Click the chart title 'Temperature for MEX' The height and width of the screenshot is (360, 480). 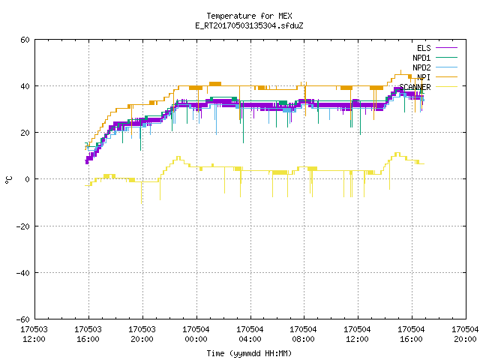point(249,16)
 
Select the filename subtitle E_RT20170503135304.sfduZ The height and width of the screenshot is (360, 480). point(249,25)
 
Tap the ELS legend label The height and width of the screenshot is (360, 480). point(424,48)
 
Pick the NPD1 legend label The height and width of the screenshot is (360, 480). point(421,58)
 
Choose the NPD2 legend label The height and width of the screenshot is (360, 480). point(421,67)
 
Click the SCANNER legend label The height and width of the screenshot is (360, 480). point(415,87)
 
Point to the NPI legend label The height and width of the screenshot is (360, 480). point(424,77)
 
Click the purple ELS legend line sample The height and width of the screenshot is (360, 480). point(446,48)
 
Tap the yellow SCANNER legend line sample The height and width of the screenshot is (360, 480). point(446,87)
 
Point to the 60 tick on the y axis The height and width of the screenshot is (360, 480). point(25,40)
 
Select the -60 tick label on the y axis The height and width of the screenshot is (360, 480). point(23,319)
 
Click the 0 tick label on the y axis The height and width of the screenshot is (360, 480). point(28,179)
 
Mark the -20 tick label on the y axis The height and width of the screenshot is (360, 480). point(23,226)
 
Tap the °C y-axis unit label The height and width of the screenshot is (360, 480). point(8,180)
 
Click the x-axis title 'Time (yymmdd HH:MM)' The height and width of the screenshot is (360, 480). point(249,353)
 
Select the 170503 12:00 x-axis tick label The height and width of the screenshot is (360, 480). point(34,334)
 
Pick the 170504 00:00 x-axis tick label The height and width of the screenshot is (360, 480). point(196,334)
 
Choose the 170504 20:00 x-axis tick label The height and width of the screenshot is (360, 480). point(465,334)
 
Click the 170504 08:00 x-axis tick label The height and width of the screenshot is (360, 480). point(303,334)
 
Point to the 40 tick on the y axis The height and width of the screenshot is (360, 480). point(25,86)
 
